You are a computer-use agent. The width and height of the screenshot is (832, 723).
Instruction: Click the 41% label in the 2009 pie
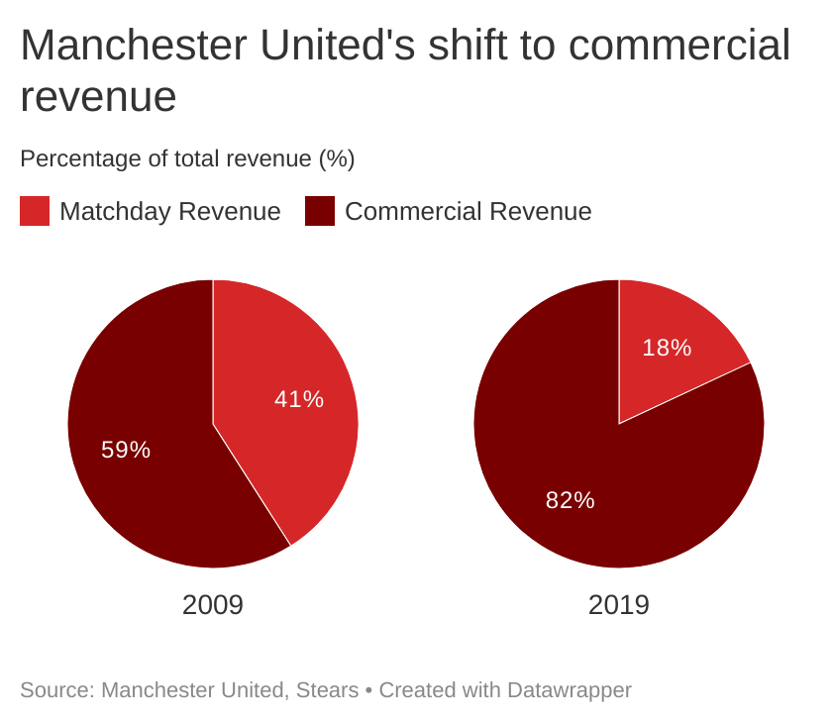point(299,399)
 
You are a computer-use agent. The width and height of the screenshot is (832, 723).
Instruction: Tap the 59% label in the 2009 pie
point(126,450)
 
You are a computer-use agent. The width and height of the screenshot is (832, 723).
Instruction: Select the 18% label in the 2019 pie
point(667,348)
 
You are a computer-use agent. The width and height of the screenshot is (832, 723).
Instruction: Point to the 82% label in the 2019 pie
point(571,500)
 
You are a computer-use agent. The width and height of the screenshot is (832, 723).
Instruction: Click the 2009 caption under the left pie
point(213,605)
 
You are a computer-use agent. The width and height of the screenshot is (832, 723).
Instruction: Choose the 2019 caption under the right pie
point(619,605)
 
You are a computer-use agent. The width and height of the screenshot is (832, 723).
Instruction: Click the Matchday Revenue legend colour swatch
point(35,211)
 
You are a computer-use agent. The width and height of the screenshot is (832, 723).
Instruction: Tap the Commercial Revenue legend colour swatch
point(320,211)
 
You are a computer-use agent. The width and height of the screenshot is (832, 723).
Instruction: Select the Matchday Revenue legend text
point(169,211)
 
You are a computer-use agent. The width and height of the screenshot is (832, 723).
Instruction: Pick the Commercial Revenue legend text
point(468,211)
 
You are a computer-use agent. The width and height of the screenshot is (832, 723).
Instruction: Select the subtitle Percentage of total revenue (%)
point(187,158)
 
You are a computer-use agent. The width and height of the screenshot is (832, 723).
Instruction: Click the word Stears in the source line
point(327,690)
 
